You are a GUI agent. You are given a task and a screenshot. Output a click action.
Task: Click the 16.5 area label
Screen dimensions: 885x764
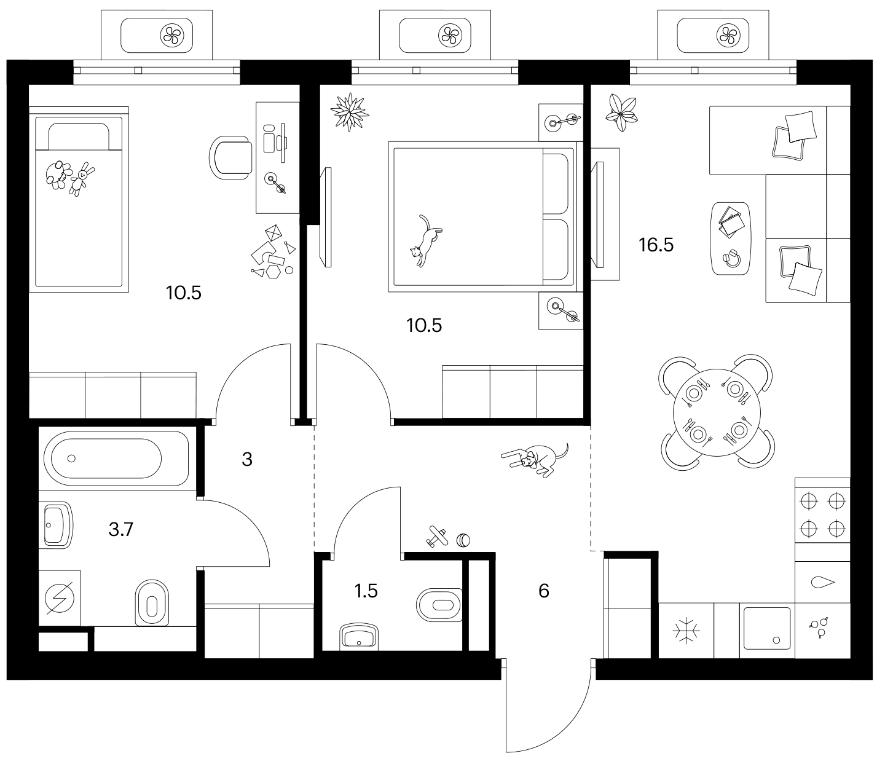656,245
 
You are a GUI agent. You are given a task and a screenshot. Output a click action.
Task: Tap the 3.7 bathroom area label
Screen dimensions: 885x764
120,530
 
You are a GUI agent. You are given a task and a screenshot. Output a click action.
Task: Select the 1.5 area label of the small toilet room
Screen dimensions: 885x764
366,591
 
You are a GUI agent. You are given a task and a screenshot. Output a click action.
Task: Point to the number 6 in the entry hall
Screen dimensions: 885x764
544,591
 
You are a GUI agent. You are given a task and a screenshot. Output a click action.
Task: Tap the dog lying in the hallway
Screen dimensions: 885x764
536,460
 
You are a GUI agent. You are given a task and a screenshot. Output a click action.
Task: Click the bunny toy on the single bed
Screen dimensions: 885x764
81,179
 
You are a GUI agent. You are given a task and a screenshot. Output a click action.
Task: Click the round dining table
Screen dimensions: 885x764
717,413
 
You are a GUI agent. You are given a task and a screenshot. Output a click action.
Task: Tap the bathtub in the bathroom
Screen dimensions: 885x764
116,459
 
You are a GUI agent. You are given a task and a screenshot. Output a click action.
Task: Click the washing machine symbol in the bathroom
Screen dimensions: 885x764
59,598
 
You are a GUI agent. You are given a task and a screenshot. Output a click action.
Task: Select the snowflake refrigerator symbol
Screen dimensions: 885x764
686,631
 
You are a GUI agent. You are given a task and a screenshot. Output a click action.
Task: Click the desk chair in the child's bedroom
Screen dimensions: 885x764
230,157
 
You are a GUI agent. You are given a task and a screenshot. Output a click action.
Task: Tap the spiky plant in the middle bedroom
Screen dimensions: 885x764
350,112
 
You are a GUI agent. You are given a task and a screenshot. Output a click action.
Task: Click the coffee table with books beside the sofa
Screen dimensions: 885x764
731,238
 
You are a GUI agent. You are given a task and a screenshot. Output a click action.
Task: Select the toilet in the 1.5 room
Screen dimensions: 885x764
439,605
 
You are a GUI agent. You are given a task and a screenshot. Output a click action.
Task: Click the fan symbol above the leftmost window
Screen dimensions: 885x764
172,35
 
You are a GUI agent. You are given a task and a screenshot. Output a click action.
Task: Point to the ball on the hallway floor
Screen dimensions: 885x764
463,540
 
